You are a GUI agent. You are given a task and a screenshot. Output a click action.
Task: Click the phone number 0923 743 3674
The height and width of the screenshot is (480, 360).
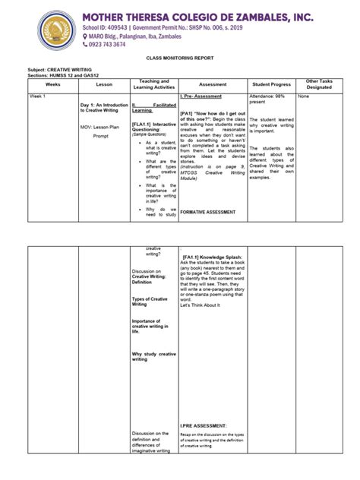(x=107, y=44)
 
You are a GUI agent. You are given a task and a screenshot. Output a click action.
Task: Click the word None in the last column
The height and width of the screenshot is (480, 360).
(x=304, y=96)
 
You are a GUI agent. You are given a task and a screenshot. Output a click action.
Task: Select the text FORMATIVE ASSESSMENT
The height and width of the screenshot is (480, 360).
(x=208, y=211)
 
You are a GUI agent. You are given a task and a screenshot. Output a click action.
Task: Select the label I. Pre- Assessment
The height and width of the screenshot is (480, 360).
(x=201, y=96)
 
